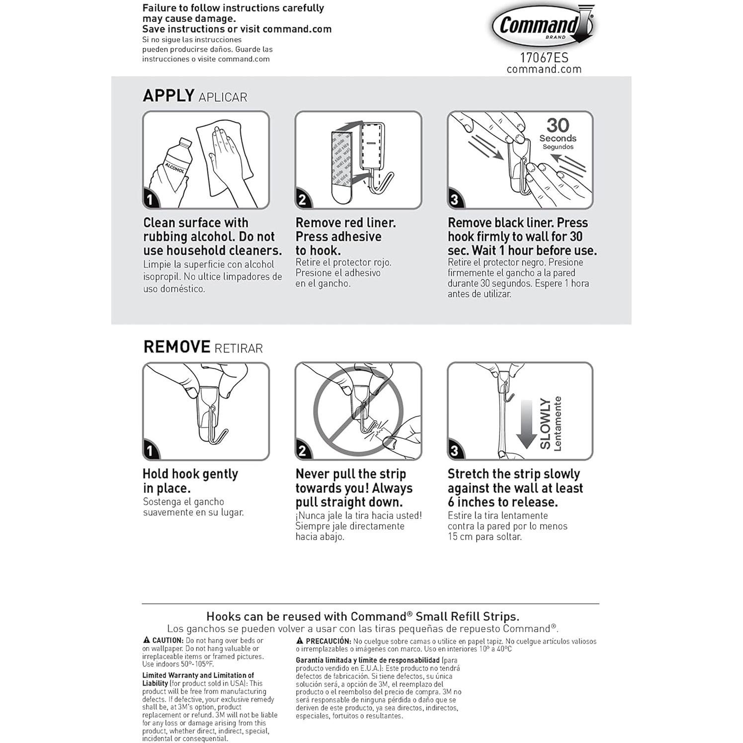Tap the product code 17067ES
click(544, 57)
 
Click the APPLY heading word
click(168, 95)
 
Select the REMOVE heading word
click(176, 346)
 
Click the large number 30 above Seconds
click(558, 125)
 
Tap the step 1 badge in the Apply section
click(150, 200)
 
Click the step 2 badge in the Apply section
click(302, 200)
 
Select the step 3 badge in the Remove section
click(454, 451)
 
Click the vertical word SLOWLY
click(545, 423)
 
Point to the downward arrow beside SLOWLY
click(526, 422)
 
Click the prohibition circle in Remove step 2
click(358, 412)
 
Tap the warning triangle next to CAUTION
click(147, 640)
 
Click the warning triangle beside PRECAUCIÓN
click(300, 641)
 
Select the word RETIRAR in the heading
click(238, 348)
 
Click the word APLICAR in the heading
click(223, 97)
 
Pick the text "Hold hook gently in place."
click(190, 481)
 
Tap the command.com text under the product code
click(544, 69)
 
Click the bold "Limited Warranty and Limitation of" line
click(198, 675)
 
